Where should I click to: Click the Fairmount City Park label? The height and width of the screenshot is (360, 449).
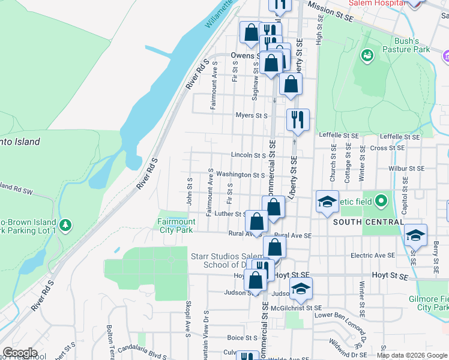[x=175, y=226]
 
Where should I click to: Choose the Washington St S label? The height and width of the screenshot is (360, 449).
[x=241, y=175]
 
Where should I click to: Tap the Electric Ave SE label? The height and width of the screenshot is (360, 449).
[x=373, y=256]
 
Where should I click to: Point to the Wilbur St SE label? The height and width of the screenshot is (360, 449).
[x=406, y=169]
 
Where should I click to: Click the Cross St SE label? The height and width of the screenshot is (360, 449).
[x=387, y=148]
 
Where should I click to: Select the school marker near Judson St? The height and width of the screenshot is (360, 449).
[x=301, y=288]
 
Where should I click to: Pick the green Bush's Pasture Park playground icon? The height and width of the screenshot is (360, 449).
[x=367, y=55]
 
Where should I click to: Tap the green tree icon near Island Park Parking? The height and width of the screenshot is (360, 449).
[x=66, y=226]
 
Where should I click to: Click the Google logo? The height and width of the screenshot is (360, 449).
[x=20, y=353]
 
